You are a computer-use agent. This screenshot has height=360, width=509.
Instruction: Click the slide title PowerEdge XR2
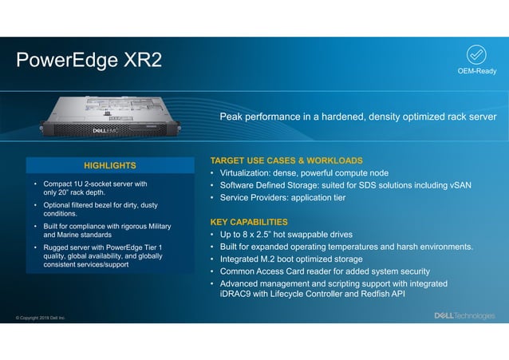click(89, 60)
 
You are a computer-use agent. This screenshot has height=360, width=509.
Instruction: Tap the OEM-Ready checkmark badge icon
click(476, 54)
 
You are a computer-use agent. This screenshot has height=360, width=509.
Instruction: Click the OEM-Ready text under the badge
click(476, 72)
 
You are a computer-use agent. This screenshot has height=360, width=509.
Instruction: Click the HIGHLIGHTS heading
click(110, 165)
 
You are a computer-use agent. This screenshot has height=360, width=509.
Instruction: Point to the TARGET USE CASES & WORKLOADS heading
click(286, 160)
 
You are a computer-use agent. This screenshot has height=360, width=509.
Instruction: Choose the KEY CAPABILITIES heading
click(248, 221)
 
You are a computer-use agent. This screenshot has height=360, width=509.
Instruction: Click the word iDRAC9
click(239, 295)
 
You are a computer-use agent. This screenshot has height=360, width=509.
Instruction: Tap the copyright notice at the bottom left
click(41, 318)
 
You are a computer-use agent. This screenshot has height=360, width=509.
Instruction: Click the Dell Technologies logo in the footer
click(464, 315)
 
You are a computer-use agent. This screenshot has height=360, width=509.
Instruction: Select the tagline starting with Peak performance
click(357, 117)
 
